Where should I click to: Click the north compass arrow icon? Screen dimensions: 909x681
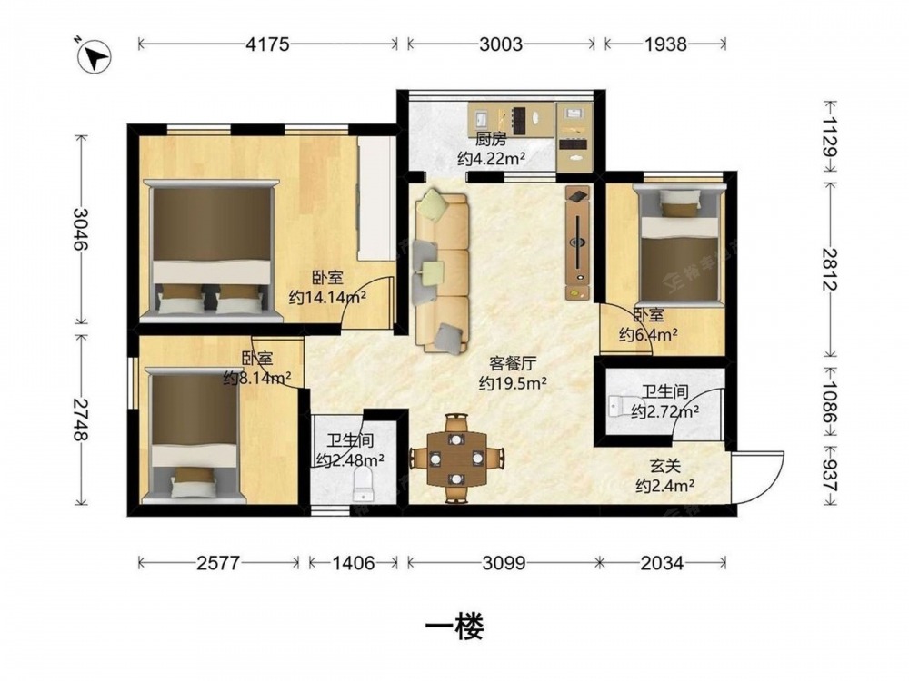94,55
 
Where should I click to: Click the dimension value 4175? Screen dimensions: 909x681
267,44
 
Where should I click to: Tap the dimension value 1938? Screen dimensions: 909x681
665,44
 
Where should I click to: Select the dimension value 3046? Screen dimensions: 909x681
80,229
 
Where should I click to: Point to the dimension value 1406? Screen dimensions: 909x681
353,562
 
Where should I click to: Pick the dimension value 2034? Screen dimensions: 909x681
662,562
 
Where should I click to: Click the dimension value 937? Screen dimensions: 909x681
830,477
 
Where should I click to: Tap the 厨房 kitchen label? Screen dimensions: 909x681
492,140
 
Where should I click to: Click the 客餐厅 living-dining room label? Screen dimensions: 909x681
513,364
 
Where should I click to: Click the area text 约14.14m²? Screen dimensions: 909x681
327,298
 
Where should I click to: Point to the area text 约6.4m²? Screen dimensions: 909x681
649,335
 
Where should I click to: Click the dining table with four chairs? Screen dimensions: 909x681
457,458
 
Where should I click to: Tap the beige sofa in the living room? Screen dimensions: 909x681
442,272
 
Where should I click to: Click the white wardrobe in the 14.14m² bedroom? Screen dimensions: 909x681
376,199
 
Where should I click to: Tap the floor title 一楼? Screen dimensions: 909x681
454,627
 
